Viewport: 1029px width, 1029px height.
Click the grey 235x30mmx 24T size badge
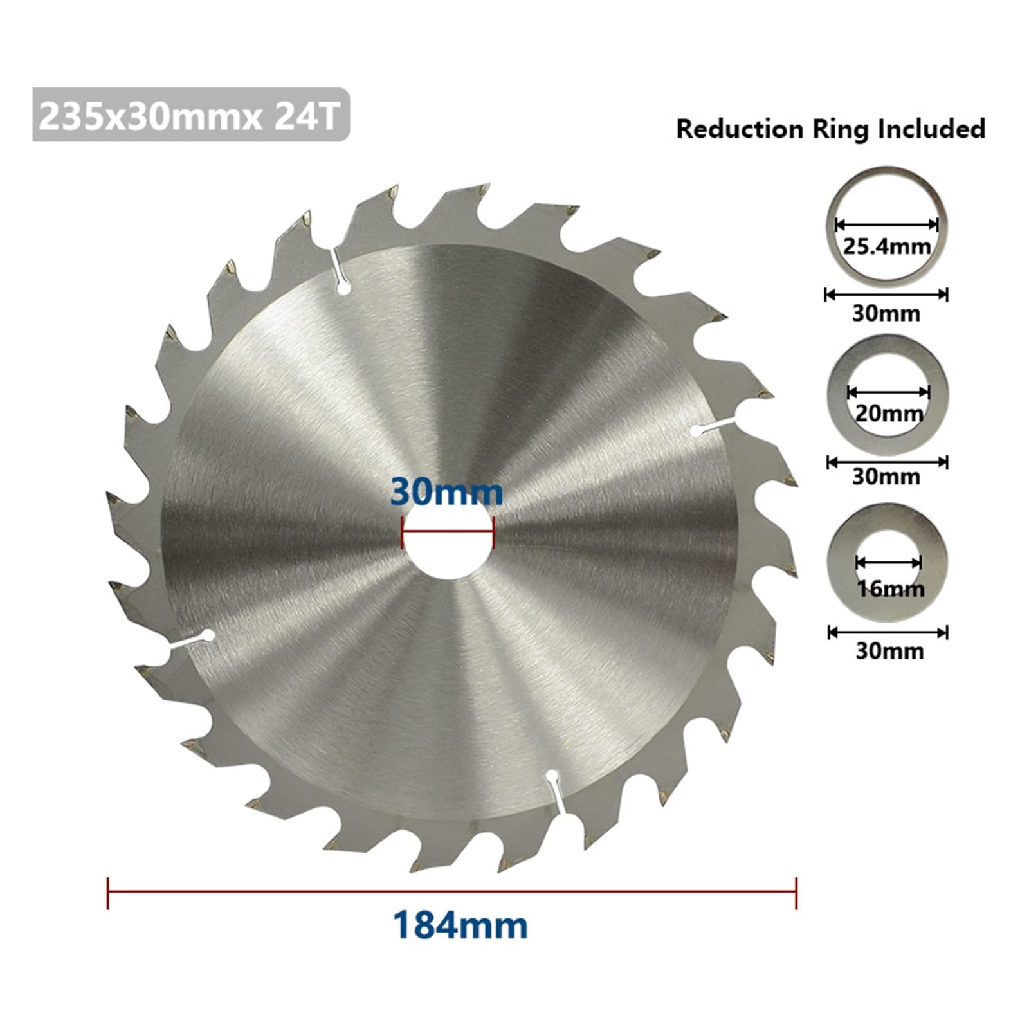190,116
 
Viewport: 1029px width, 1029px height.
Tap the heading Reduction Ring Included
830,129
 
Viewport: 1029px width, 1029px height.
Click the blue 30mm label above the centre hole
446,493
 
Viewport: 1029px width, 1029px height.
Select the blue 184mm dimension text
460,926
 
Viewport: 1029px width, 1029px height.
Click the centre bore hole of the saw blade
448,547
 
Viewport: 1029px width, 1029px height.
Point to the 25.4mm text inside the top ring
887,246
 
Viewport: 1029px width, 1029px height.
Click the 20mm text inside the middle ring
889,413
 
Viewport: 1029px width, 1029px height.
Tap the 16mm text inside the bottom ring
891,588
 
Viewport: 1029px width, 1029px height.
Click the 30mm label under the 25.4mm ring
886,314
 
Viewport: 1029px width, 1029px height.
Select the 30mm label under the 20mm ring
886,477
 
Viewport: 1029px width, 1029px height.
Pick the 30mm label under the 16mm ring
889,651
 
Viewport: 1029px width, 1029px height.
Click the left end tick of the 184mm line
108,893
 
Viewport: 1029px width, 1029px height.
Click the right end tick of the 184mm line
796,893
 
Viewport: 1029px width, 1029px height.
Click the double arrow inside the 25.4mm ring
886,224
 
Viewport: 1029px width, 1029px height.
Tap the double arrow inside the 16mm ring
888,563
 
